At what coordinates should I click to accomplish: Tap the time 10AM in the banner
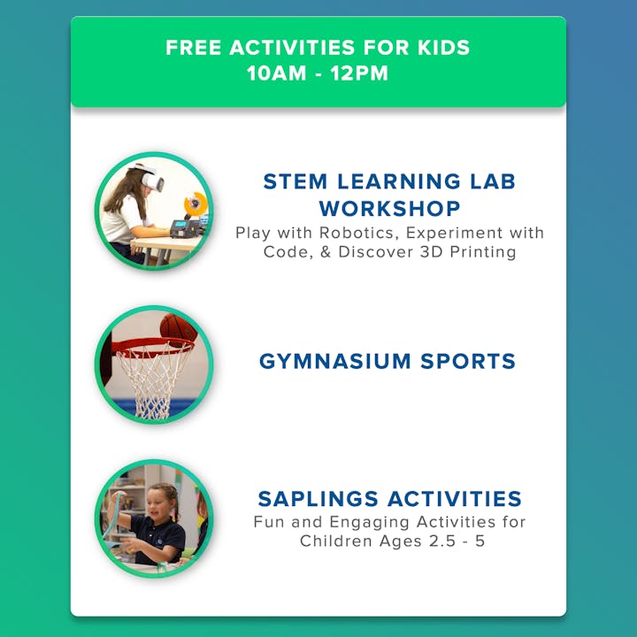click(x=276, y=73)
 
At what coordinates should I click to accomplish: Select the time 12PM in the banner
click(x=359, y=73)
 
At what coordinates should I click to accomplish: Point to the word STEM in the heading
click(x=295, y=181)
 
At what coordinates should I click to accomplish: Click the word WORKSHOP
click(x=389, y=209)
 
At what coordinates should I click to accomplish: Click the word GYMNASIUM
click(x=335, y=361)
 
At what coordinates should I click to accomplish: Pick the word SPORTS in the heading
click(x=468, y=361)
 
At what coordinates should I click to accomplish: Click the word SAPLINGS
click(x=318, y=499)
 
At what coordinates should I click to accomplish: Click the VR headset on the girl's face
click(x=152, y=180)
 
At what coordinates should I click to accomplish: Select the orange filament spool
click(x=196, y=203)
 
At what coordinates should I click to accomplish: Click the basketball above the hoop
click(x=179, y=329)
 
